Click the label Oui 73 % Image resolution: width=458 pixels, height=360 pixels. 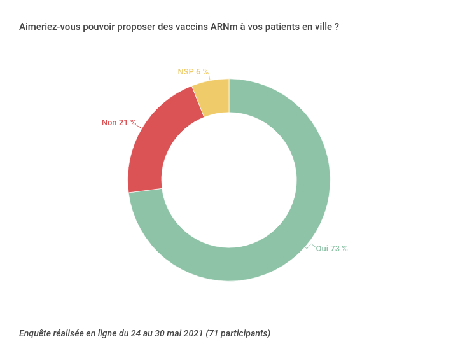(x=331, y=249)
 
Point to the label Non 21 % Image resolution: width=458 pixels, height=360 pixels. (x=119, y=123)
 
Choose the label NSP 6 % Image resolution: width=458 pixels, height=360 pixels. (x=193, y=72)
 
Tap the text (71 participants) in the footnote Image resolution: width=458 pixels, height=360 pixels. (x=238, y=333)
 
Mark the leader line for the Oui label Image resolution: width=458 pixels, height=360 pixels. (x=310, y=246)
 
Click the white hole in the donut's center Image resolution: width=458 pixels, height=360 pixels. (x=229, y=180)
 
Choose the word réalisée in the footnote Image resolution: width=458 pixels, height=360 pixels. (x=70, y=333)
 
